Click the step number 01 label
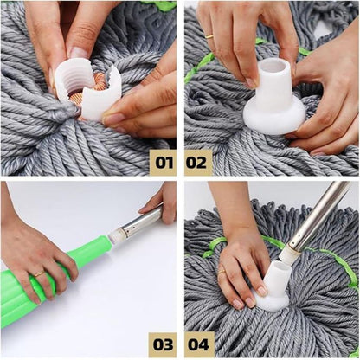pos(162,161)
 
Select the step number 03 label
pos(162,341)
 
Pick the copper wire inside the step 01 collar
pos(97,82)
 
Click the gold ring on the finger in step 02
pos(209,37)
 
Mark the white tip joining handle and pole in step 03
pos(115,235)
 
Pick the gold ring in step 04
pos(222,273)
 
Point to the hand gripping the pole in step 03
pos(161,201)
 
